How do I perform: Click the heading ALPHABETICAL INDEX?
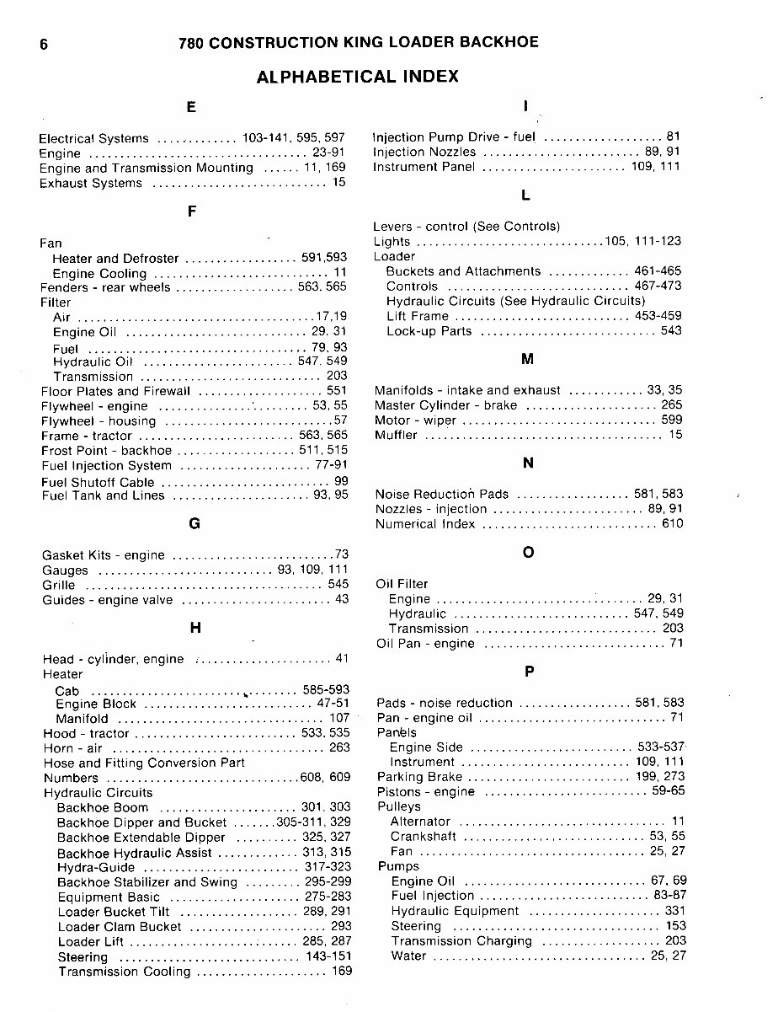(357, 77)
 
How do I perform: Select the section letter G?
(194, 523)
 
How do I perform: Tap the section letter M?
(528, 360)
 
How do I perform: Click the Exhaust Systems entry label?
(91, 183)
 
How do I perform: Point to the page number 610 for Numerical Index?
(672, 524)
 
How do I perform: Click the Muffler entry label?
(396, 436)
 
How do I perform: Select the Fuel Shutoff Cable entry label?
(98, 482)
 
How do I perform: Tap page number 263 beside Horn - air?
(339, 747)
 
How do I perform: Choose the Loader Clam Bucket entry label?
(120, 927)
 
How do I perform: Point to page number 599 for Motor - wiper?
(672, 420)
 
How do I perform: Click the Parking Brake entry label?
(419, 777)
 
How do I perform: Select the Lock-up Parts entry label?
(429, 331)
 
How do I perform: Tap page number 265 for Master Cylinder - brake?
(672, 405)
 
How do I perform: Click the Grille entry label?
(58, 585)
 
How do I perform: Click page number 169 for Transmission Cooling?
(340, 972)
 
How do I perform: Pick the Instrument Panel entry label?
(424, 167)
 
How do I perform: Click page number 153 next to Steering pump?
(672, 926)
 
